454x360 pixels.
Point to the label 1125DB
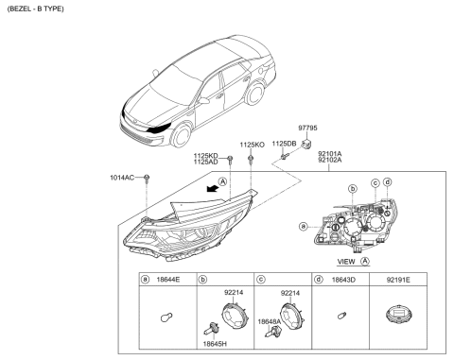click(285, 144)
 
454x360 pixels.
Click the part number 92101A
click(330, 152)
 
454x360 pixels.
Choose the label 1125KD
click(205, 154)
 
